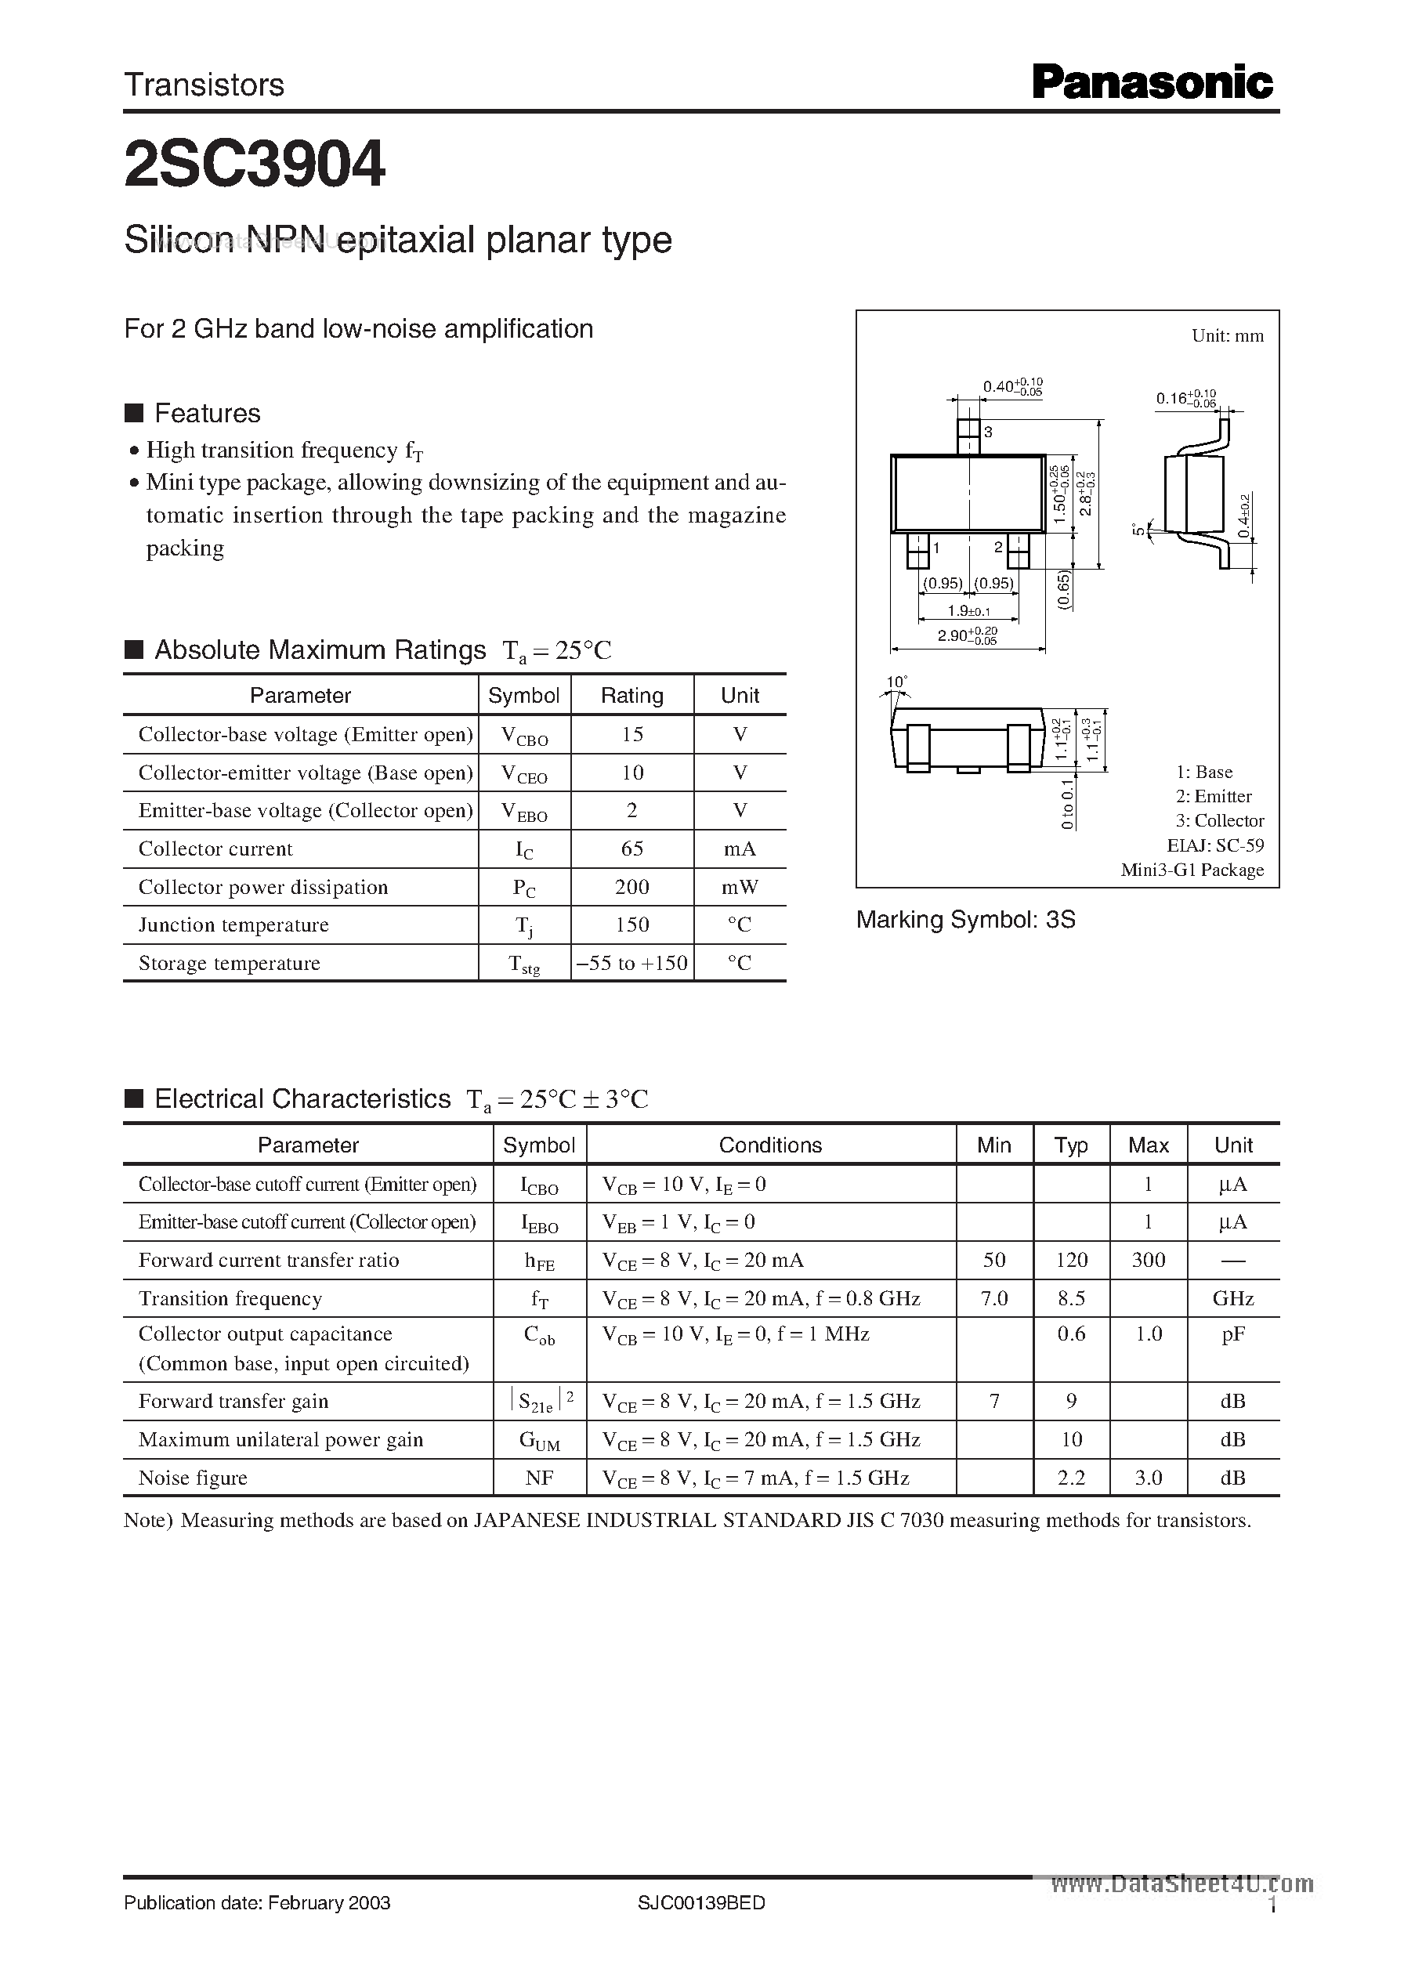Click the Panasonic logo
point(1153,84)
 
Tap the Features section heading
point(207,413)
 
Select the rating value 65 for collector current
point(632,849)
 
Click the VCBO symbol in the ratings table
point(524,736)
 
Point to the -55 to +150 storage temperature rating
point(632,963)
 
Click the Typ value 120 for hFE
point(1071,1261)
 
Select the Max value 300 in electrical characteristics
point(1148,1261)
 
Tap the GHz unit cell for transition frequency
point(1233,1298)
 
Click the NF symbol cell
point(540,1478)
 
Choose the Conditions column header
point(770,1145)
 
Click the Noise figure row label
point(193,1478)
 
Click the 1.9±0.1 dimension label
point(968,611)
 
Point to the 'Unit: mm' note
point(1227,335)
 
